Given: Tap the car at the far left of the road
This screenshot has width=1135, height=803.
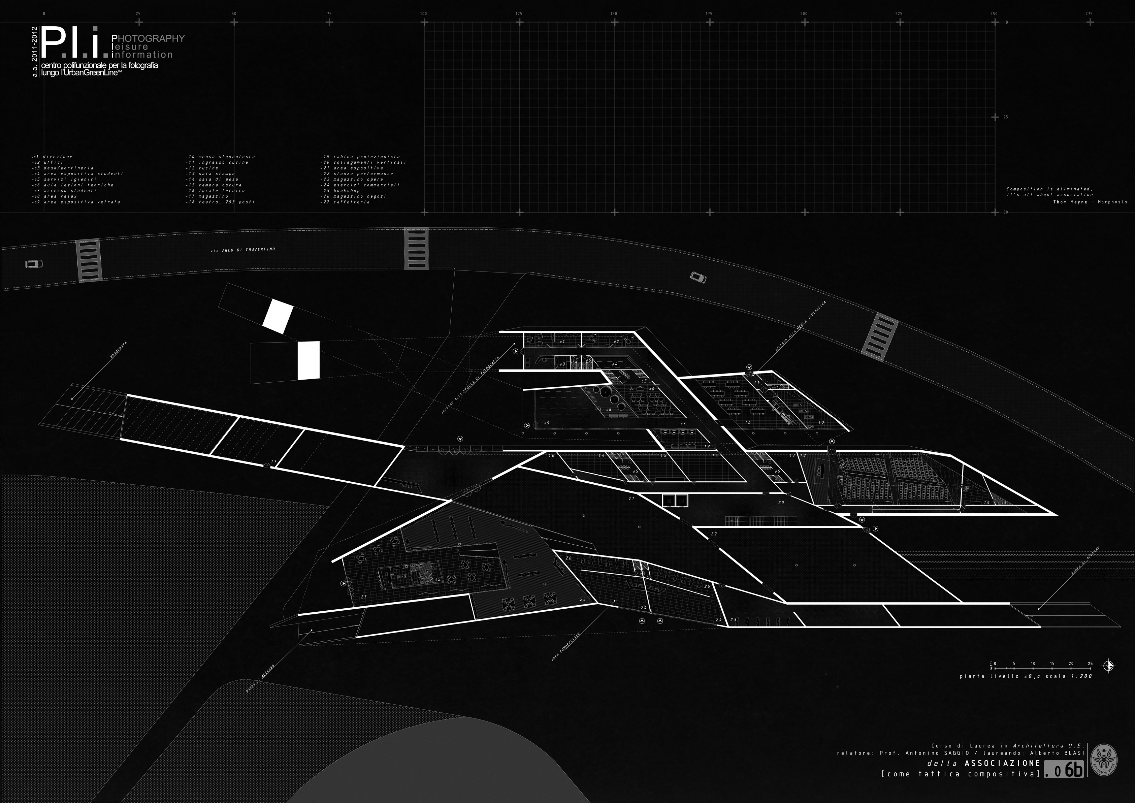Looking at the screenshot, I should click(34, 264).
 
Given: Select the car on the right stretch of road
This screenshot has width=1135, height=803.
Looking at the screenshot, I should click(698, 278).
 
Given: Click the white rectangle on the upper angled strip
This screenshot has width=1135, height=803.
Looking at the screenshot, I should click(278, 317).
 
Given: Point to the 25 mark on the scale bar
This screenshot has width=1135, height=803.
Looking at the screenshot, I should click(1090, 664).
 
